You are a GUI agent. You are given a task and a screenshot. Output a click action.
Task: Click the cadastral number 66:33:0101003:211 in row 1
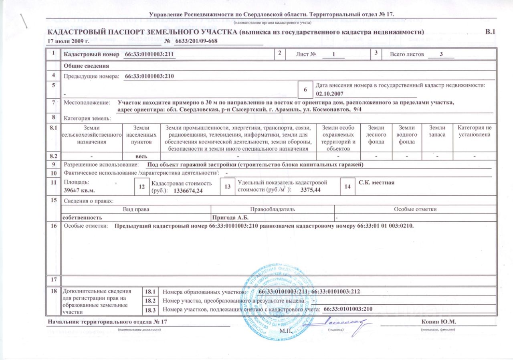(151, 54)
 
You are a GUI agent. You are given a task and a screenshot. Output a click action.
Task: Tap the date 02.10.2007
(330, 93)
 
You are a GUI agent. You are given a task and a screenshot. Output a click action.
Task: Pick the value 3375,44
(310, 190)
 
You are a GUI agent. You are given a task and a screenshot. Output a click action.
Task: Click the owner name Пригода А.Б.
(230, 217)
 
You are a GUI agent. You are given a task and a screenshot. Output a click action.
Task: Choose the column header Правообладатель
(273, 209)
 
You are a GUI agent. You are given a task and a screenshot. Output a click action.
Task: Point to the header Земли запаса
(437, 131)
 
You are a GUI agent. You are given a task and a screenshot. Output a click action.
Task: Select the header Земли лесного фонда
(377, 135)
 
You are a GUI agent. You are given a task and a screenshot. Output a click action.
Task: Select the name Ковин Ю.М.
(439, 322)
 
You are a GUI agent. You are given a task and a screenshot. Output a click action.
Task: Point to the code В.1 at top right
(490, 32)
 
